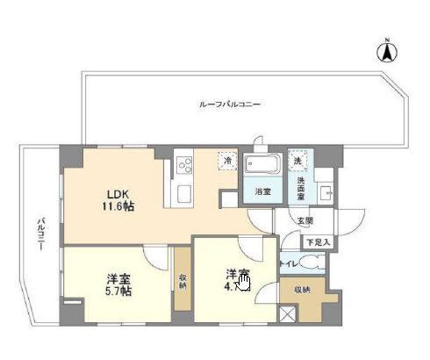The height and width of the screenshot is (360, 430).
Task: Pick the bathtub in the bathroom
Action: point(261,164)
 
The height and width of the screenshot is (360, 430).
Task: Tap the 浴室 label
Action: point(262,191)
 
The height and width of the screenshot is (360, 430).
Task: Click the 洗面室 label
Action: point(301,187)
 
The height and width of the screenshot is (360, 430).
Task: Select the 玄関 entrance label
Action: point(303,221)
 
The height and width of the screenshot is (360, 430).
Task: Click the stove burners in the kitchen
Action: point(186,162)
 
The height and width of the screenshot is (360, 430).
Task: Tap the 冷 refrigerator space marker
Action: point(226,162)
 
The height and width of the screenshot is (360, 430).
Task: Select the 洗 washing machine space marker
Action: point(298,162)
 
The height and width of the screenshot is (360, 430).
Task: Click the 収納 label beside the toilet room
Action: point(301,289)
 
